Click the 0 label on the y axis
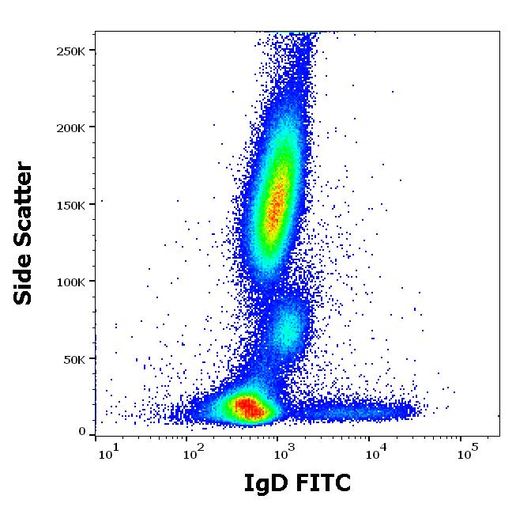82,432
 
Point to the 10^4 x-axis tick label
375,452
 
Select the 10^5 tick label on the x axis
467,452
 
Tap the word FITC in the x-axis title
321,482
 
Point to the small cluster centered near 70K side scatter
289,326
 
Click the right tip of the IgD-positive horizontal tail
413,410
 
